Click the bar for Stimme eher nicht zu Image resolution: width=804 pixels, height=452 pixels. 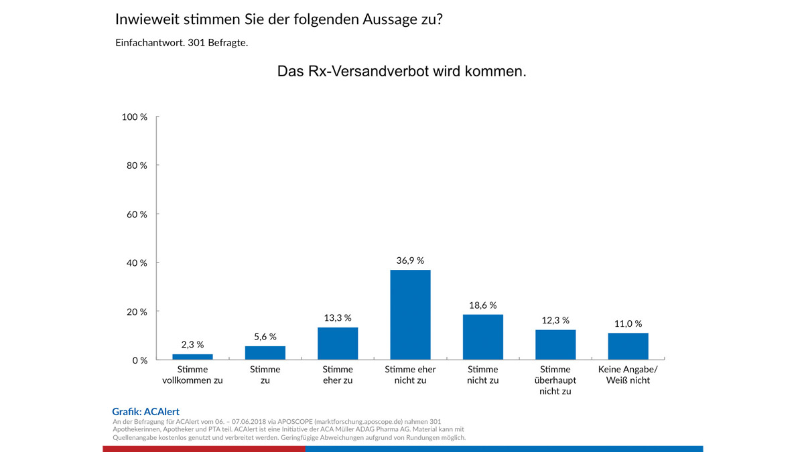pyautogui.click(x=410, y=315)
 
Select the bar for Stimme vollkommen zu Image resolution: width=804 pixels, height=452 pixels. pyautogui.click(x=192, y=357)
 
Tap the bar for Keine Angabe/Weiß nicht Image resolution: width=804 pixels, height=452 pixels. pyautogui.click(x=628, y=346)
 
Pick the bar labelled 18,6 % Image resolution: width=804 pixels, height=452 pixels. pyautogui.click(x=482, y=337)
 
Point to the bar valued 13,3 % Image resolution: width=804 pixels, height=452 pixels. pyautogui.click(x=338, y=344)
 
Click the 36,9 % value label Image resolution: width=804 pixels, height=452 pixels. pyautogui.click(x=410, y=260)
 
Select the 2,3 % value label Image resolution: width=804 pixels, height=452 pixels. pyautogui.click(x=192, y=345)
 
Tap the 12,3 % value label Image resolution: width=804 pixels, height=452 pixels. pyautogui.click(x=555, y=320)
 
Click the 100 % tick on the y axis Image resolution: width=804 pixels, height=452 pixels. pyautogui.click(x=135, y=117)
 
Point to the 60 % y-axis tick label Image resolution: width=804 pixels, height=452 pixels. pyautogui.click(x=137, y=214)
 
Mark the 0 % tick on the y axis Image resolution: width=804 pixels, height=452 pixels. pyautogui.click(x=140, y=360)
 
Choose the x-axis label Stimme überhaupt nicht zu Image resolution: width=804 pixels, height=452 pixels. pyautogui.click(x=555, y=380)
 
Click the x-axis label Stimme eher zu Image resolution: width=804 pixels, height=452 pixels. pyautogui.click(x=338, y=375)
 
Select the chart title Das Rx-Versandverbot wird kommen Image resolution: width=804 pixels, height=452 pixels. pyautogui.click(x=401, y=72)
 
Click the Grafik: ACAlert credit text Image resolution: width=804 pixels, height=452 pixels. pyautogui.click(x=145, y=412)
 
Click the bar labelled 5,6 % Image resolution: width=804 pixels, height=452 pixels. pyautogui.click(x=265, y=353)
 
